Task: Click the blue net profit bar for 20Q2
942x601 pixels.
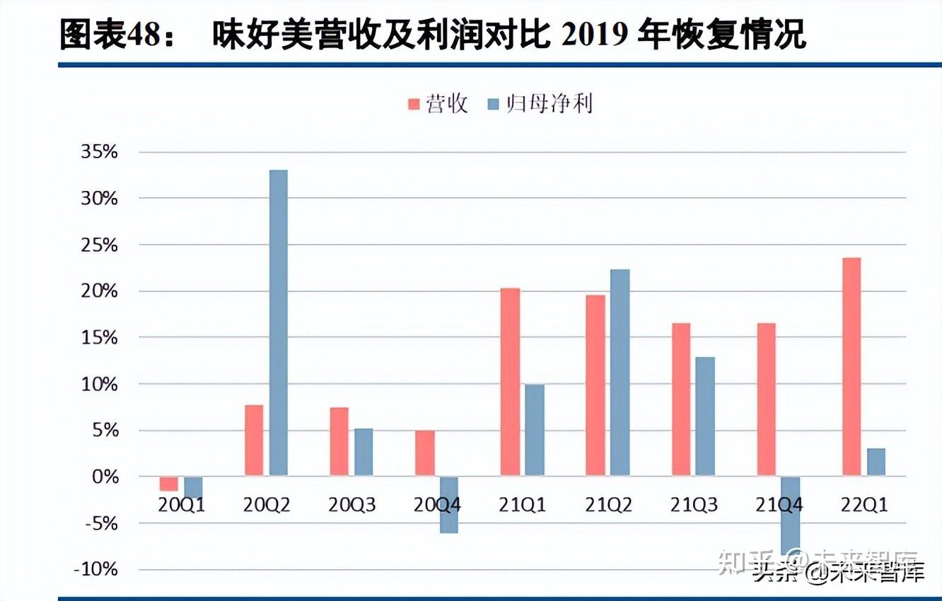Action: coord(278,322)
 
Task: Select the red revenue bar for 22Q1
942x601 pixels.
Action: coord(851,367)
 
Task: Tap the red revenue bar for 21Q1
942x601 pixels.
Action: coord(510,382)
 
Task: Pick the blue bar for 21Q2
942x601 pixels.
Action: coord(620,372)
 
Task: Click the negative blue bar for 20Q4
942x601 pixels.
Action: coord(448,504)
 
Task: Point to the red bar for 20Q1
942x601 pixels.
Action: coord(168,484)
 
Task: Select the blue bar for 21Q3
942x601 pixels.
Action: coord(704,416)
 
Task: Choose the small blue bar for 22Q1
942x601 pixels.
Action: coord(875,462)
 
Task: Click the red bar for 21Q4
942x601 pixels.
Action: coord(766,399)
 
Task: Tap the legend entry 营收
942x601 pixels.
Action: coord(438,104)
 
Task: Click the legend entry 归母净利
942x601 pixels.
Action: coord(540,104)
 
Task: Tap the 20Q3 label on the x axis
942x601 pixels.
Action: coord(351,505)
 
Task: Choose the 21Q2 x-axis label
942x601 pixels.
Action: coord(607,505)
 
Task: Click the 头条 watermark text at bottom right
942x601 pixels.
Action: coord(774,573)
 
